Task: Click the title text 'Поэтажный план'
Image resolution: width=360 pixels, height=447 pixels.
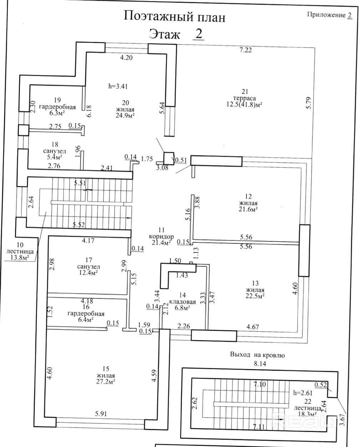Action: pos(174,17)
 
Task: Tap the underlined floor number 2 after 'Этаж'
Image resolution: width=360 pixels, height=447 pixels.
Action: pos(199,34)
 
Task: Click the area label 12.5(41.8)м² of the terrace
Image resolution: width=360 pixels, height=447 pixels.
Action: pos(244,105)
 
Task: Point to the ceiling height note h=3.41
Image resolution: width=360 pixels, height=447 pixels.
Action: pos(118,86)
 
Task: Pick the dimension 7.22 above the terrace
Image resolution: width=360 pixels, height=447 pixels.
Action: pos(245,50)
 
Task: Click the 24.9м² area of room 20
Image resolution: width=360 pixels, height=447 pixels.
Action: pos(125,115)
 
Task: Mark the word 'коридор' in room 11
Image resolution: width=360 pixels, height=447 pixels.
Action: pos(161,236)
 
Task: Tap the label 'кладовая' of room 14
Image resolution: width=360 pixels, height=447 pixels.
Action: pos(182,302)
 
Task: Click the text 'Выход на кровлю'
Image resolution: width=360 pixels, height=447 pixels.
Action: pos(258,355)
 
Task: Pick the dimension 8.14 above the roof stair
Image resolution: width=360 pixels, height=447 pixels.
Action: pos(260,363)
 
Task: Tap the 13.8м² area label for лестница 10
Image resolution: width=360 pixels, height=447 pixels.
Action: pos(19,257)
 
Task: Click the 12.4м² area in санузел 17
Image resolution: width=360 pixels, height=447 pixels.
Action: pos(88,272)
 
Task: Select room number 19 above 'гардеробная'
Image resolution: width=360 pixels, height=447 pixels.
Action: pos(57,100)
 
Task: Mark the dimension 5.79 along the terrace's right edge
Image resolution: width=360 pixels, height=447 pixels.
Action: pos(309,103)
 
